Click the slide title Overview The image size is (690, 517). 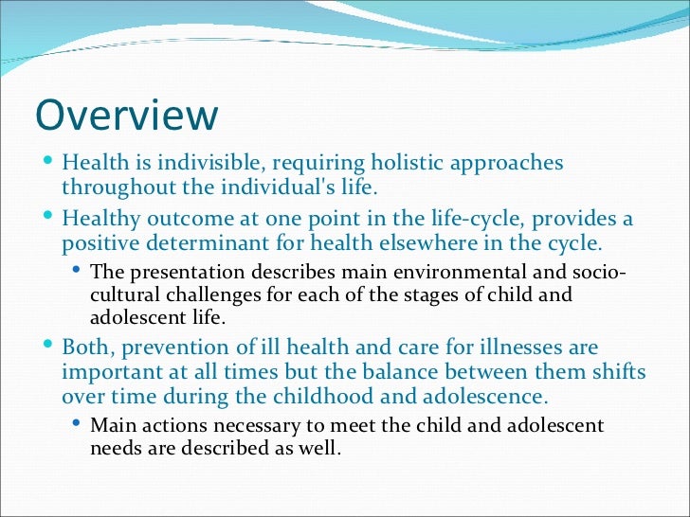[x=126, y=116]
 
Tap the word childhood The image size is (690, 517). [x=280, y=395]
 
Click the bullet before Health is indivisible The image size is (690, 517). [x=49, y=162]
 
